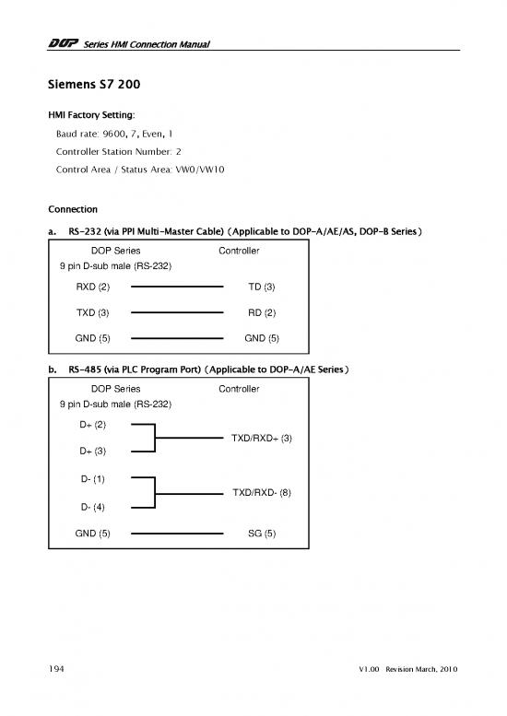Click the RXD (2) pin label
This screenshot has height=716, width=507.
click(92, 288)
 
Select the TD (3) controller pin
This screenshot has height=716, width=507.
click(262, 288)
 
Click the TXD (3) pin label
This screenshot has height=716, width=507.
click(92, 312)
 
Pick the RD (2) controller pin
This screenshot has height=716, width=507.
click(262, 312)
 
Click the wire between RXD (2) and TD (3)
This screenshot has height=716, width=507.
click(177, 288)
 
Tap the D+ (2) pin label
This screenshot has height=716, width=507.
click(92, 425)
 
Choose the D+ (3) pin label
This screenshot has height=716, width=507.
click(92, 451)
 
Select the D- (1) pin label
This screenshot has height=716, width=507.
click(92, 480)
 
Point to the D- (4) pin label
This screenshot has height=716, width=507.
click(92, 507)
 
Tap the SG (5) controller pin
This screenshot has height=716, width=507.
click(262, 533)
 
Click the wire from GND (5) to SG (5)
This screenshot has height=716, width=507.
click(177, 533)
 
